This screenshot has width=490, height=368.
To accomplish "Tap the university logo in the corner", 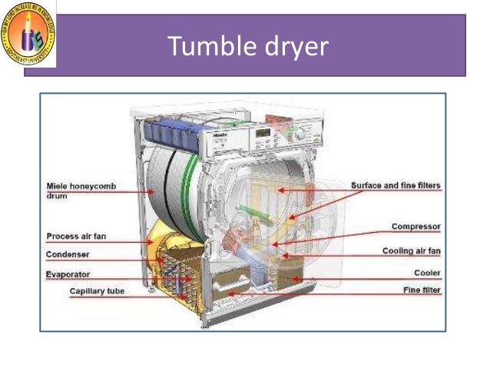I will (x=28, y=33).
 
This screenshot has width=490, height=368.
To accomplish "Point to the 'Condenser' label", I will (x=68, y=255).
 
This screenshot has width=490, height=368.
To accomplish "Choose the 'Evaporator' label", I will (x=68, y=274).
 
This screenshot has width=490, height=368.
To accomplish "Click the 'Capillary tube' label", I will (x=97, y=291).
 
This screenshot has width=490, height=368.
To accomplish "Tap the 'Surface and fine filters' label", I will (x=396, y=186).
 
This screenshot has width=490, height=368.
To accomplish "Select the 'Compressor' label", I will (x=416, y=227).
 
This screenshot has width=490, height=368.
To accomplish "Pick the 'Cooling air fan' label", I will (x=411, y=251).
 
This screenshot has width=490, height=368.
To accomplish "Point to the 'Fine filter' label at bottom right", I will (x=422, y=290).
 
